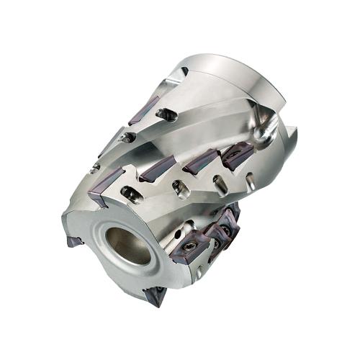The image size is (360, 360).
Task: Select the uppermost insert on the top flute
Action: coord(143,109)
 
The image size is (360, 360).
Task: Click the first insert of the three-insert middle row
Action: coord(157,169)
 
